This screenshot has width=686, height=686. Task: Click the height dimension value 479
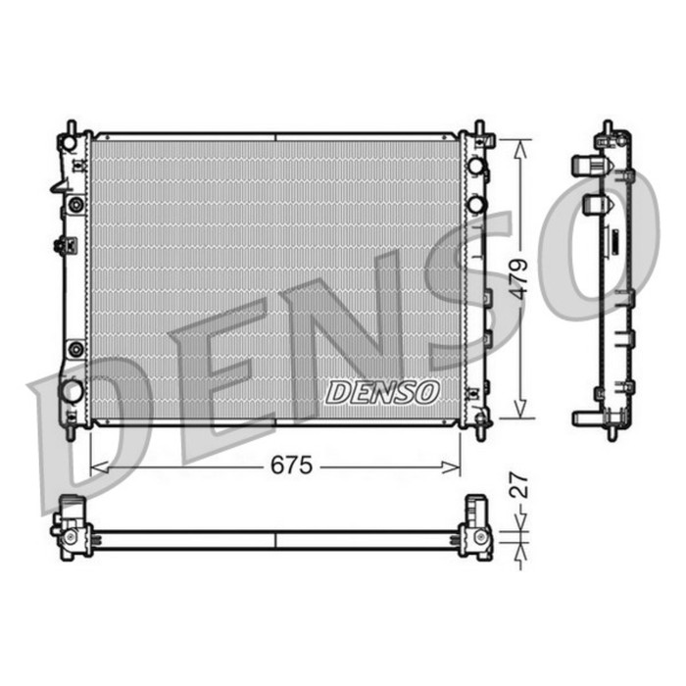[520, 278]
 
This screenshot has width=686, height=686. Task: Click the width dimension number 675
[291, 466]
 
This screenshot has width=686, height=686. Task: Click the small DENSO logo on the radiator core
[382, 392]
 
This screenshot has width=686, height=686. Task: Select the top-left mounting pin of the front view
[72, 127]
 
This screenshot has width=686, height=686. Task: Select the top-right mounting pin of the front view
[479, 127]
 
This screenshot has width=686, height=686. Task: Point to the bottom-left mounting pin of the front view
[72, 431]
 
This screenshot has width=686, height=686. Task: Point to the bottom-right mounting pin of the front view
[479, 431]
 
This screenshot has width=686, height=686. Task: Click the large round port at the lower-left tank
[72, 390]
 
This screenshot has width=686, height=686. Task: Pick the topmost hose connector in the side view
[588, 165]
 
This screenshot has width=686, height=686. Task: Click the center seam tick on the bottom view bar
[275, 540]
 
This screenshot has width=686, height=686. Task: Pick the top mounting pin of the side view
[608, 128]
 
